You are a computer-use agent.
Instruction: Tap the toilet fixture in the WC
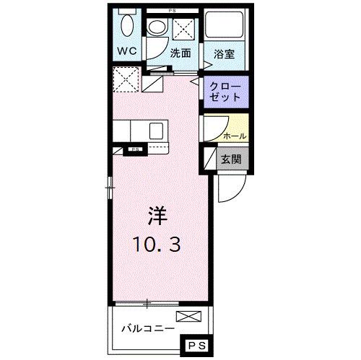(126, 27)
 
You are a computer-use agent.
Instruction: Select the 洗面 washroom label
(180, 53)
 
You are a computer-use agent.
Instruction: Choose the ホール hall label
(235, 136)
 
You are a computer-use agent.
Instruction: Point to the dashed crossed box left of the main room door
(126, 79)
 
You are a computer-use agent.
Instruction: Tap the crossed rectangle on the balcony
(186, 315)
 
